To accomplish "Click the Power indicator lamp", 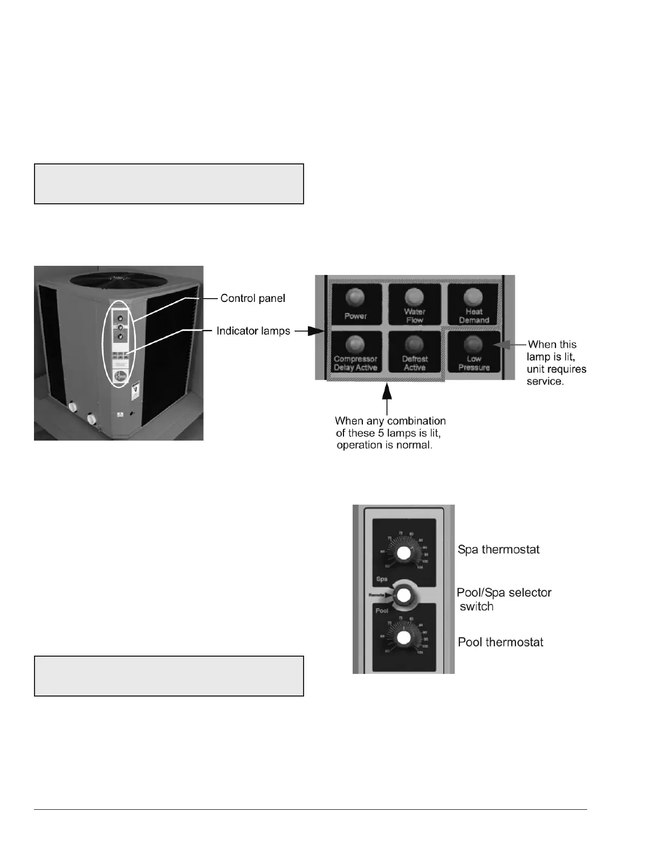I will pos(355,297).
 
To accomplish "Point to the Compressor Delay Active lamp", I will pos(355,343).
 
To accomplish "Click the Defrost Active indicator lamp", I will pos(415,343).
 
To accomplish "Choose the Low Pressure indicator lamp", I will pos(473,343).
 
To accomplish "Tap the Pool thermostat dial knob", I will pos(402,638).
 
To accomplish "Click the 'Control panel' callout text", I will pos(252,298).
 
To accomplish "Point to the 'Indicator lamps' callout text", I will pos(253,330).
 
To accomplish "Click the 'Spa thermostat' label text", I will pos(498,549).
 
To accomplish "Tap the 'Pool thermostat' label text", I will pos(500,642).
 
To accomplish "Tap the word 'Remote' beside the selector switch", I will pos(377,595).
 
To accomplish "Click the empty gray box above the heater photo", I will pos(169,184).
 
